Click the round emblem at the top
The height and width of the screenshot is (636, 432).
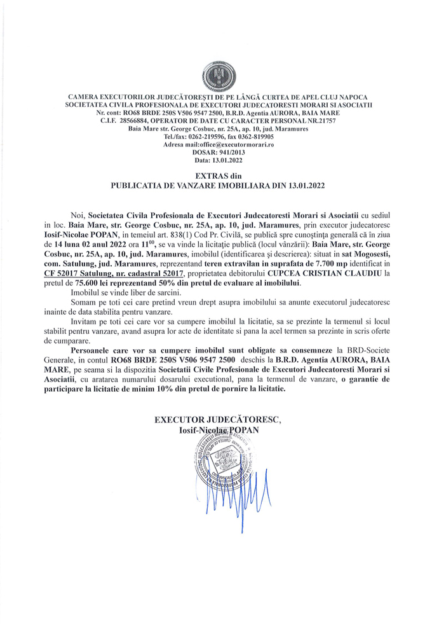[215, 76]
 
